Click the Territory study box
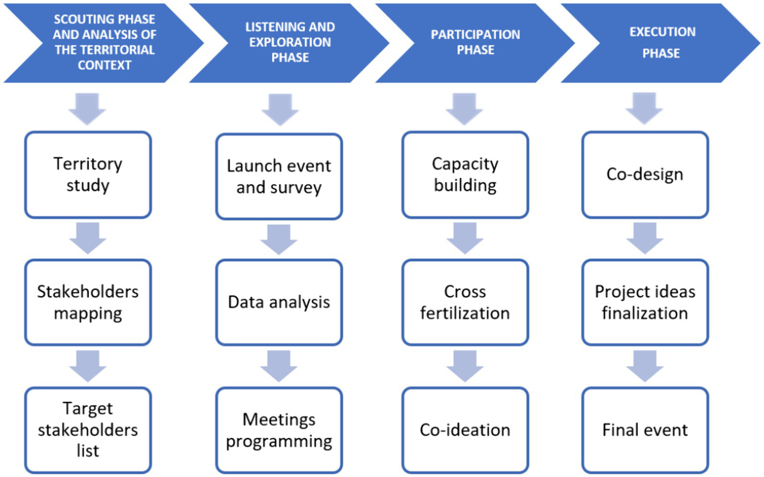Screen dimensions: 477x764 point(88,175)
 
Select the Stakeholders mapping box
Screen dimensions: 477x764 point(88,302)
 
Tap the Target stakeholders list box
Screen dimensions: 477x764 point(88,430)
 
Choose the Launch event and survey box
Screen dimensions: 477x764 point(279,177)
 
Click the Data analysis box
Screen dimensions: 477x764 point(279,302)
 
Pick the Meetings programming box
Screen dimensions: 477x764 point(279,430)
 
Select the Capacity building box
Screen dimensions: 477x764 point(465,175)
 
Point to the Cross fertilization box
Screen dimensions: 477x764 point(465,302)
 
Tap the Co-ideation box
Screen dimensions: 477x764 point(465,430)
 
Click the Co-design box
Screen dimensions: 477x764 point(645,175)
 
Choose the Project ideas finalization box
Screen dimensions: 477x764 point(645,302)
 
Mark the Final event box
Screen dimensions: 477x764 point(645,430)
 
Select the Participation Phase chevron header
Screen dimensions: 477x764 point(475,43)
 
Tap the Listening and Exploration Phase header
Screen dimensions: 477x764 point(290,43)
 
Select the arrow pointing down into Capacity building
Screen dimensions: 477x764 point(464,108)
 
